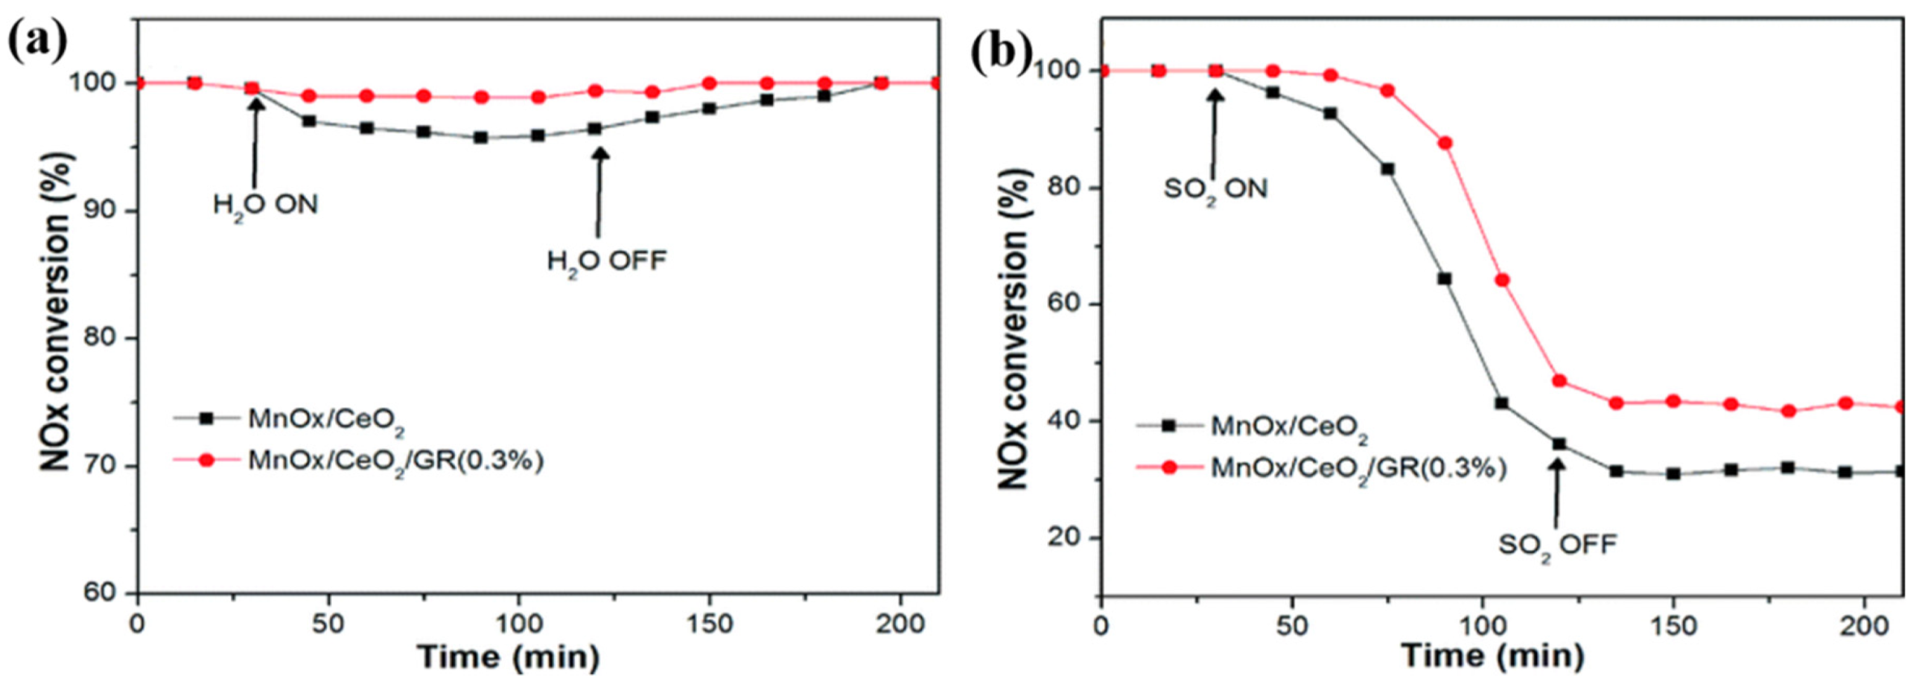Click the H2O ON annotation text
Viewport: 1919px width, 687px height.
tap(265, 204)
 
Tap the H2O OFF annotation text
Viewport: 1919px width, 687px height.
tap(606, 261)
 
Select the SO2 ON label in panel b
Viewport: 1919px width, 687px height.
tap(1215, 188)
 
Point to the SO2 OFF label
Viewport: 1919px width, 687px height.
tap(1557, 545)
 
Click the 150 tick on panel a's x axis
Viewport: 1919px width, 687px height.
tap(708, 624)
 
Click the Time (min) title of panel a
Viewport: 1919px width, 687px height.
tap(508, 657)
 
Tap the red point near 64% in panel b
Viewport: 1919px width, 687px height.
tap(1502, 280)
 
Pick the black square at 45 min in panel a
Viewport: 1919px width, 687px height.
tap(309, 121)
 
